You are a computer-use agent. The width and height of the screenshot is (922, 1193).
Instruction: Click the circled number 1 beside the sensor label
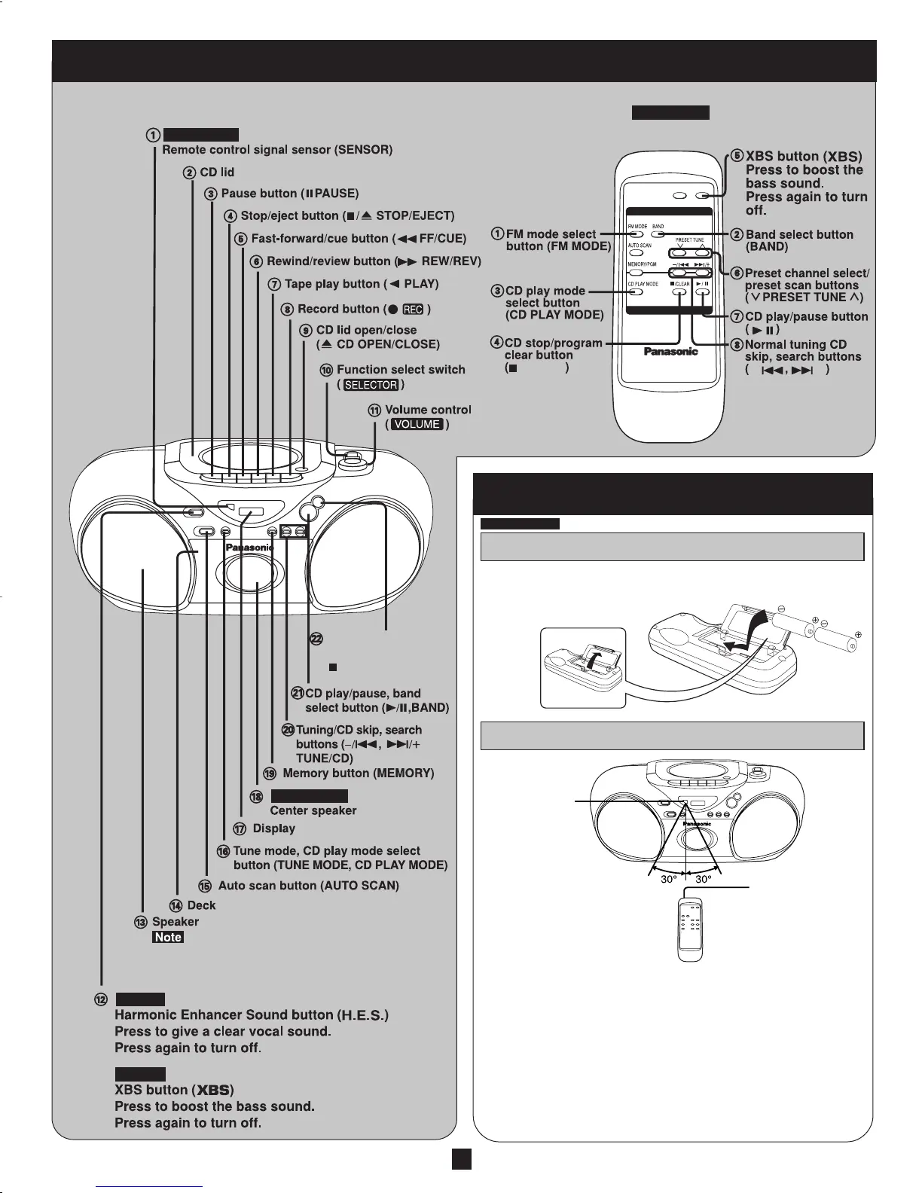(152, 136)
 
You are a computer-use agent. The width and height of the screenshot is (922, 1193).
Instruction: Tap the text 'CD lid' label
(217, 172)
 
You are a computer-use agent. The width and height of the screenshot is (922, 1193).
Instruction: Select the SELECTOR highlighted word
(371, 385)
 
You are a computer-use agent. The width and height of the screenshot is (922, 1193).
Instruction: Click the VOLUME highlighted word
(417, 424)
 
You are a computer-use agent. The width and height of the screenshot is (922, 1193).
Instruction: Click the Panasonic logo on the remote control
(670, 351)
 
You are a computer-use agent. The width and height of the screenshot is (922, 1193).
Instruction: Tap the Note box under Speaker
(168, 937)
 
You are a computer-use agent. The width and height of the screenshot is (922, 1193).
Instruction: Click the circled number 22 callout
(317, 639)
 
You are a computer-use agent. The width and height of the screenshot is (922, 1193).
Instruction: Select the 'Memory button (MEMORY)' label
(358, 773)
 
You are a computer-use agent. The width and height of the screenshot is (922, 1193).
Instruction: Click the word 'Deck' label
(201, 905)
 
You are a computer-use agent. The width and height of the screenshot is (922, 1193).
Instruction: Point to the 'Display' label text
(273, 828)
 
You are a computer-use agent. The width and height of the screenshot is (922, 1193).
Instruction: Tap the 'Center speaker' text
(313, 810)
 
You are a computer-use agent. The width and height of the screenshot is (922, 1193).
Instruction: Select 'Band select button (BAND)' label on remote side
(798, 240)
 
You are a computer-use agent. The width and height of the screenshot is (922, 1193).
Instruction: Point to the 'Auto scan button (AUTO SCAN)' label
(308, 886)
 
